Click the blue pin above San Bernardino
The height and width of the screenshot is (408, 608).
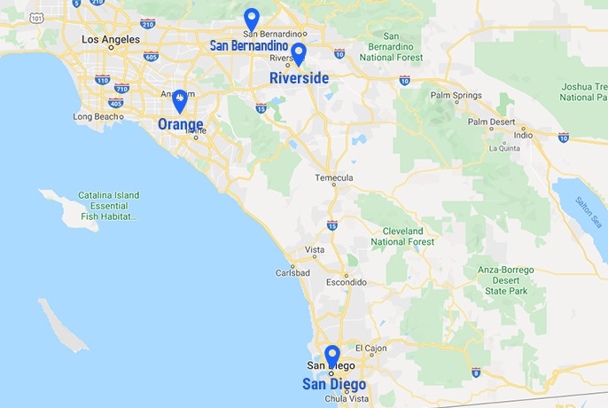click(x=252, y=19)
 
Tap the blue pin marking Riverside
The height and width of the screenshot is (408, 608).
click(x=299, y=53)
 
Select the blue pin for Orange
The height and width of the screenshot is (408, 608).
click(x=180, y=99)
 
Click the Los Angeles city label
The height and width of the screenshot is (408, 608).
click(x=110, y=39)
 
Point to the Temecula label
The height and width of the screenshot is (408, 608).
click(x=334, y=178)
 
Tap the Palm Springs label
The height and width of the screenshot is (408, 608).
click(x=454, y=95)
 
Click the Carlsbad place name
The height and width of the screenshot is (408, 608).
click(x=293, y=272)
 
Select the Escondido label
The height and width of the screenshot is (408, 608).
click(x=345, y=282)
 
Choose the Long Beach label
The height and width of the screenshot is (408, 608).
click(x=95, y=116)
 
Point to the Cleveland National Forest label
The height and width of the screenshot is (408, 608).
click(x=402, y=236)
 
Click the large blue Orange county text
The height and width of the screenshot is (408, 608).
click(x=180, y=125)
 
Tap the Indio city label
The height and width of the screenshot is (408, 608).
click(x=524, y=135)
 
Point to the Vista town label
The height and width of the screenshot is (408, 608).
click(x=315, y=249)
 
